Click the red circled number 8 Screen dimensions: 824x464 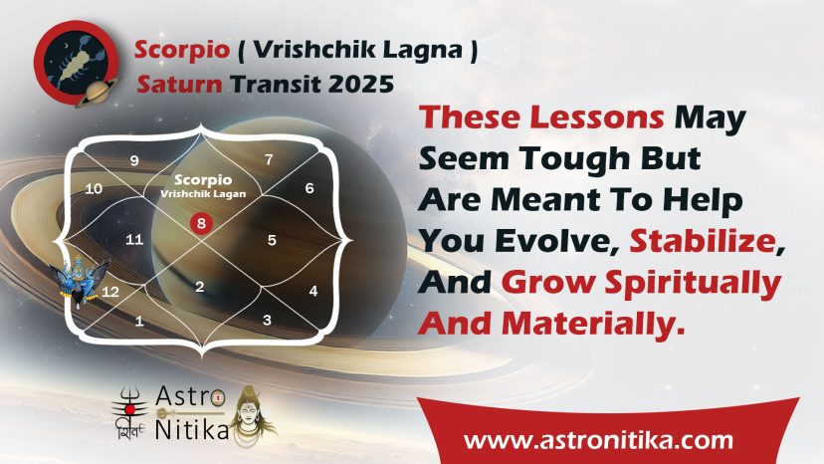point(201,224)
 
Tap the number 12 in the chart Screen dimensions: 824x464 point(109,292)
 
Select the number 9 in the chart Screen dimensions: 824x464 point(134,160)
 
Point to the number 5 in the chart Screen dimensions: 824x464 point(272,240)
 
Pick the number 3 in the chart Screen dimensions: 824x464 point(267,320)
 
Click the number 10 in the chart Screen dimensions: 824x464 point(94,189)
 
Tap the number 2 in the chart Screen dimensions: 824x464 point(200,287)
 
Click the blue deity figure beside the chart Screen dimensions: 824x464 point(79,279)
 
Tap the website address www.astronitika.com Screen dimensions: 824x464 point(598,439)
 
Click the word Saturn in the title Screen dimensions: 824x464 point(179,85)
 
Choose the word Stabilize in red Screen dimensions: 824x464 point(704,241)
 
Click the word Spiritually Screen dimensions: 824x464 point(693,284)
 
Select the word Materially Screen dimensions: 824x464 point(594,323)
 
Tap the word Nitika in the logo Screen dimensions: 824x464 point(192,430)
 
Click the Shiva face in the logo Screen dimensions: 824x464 point(251,415)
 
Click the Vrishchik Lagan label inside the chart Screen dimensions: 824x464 point(203,193)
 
